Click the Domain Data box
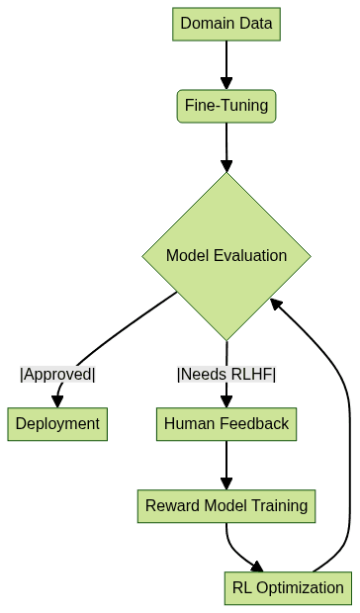coord(226,24)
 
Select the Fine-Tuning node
coord(226,105)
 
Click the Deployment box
coord(57,424)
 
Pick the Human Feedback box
coord(226,424)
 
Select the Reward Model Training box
coord(226,506)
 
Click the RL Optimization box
coord(288,588)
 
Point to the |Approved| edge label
coord(57,374)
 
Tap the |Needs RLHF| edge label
coord(226,374)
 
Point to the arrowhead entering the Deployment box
coord(57,400)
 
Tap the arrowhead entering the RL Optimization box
coord(258,567)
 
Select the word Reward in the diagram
coord(170,506)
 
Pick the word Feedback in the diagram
coord(253,424)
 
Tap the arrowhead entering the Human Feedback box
coord(226,400)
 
